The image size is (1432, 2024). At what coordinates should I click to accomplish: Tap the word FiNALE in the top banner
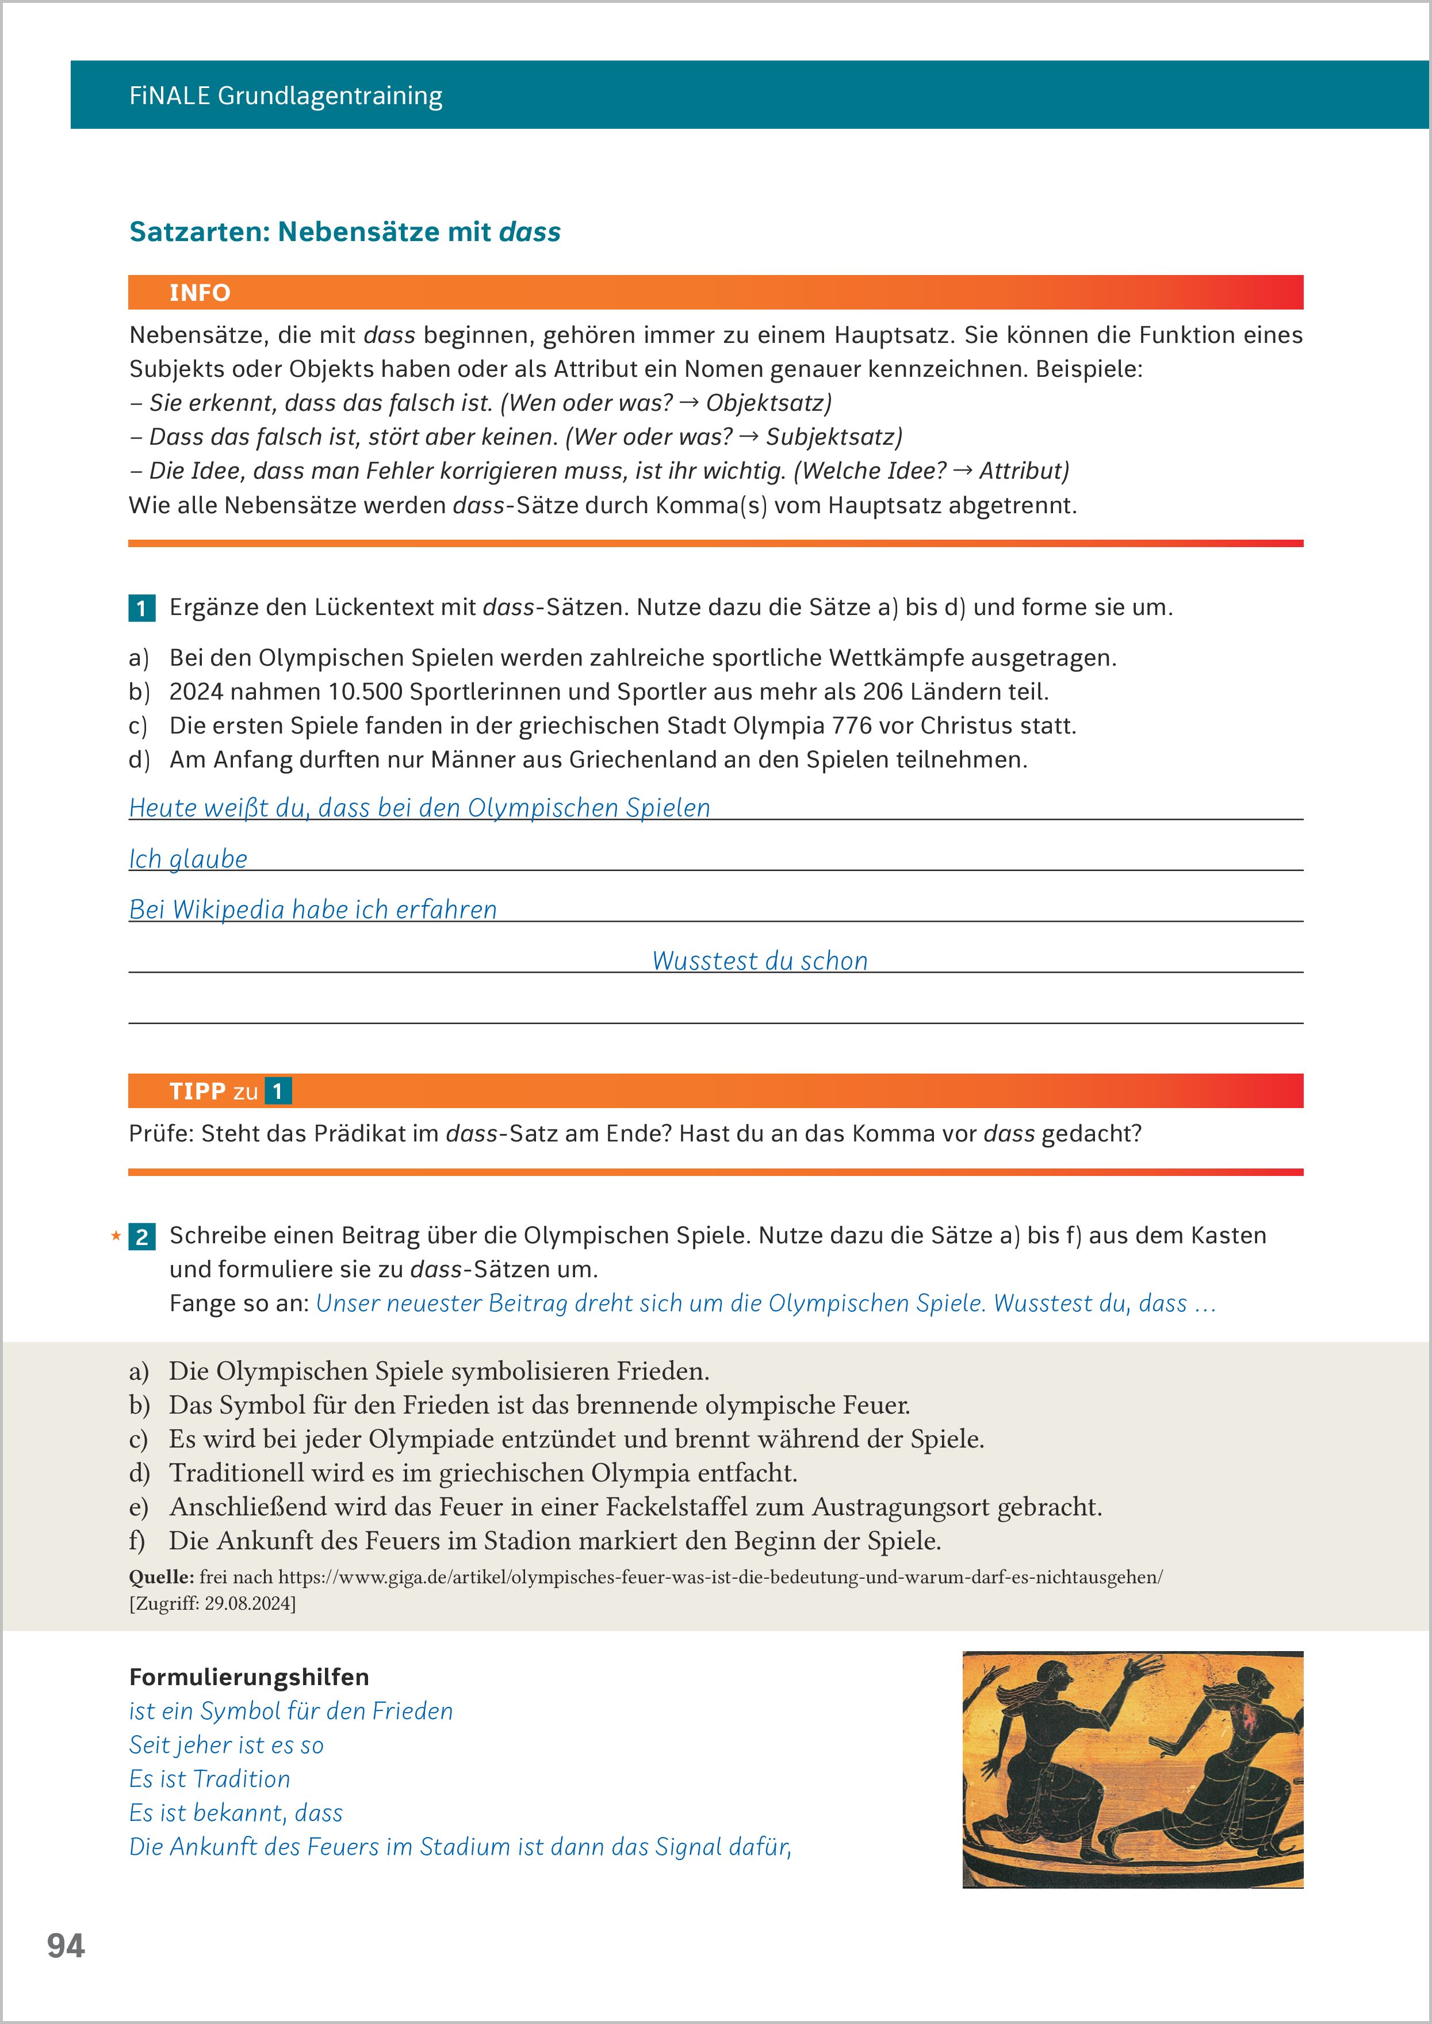point(169,96)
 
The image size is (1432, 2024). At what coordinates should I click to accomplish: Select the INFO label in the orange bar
point(200,293)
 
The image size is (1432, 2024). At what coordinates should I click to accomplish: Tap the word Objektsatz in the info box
point(768,403)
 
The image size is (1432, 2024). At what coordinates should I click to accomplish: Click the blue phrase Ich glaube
point(188,858)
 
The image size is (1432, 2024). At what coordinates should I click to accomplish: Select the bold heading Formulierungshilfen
point(248,1677)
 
